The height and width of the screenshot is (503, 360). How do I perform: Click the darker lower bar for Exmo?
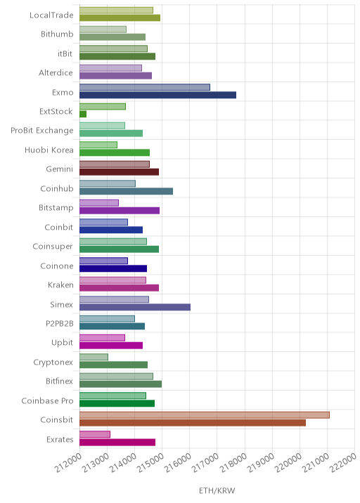tap(157, 95)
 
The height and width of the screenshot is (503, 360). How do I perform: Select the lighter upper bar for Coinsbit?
tap(205, 415)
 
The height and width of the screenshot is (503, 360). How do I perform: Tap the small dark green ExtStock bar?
tap(83, 115)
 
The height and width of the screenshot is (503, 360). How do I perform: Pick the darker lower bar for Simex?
tap(135, 307)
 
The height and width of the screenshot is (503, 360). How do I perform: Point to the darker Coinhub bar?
tap(126, 191)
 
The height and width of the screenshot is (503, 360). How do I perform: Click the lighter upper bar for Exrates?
tap(95, 434)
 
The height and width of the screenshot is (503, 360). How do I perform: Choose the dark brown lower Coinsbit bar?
tap(193, 423)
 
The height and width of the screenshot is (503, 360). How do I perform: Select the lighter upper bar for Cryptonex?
tap(94, 357)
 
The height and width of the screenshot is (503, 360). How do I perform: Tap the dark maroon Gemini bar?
tap(119, 172)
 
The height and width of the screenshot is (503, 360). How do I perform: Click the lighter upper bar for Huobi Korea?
tap(98, 145)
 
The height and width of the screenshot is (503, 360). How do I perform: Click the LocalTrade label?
tap(51, 15)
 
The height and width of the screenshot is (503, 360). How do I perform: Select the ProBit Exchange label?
tap(42, 131)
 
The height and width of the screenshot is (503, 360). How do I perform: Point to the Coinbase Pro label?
tap(48, 400)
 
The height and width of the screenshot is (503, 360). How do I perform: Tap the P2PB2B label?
tap(60, 323)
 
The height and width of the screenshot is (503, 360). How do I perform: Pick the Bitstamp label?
tap(56, 208)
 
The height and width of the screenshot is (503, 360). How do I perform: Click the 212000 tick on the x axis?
tap(67, 462)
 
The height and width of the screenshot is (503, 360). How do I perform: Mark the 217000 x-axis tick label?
tap(205, 462)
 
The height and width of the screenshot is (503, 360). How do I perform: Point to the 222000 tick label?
tap(343, 462)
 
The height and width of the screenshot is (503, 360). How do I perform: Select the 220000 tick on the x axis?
tap(288, 462)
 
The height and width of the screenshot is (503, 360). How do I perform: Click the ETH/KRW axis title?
tap(217, 490)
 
